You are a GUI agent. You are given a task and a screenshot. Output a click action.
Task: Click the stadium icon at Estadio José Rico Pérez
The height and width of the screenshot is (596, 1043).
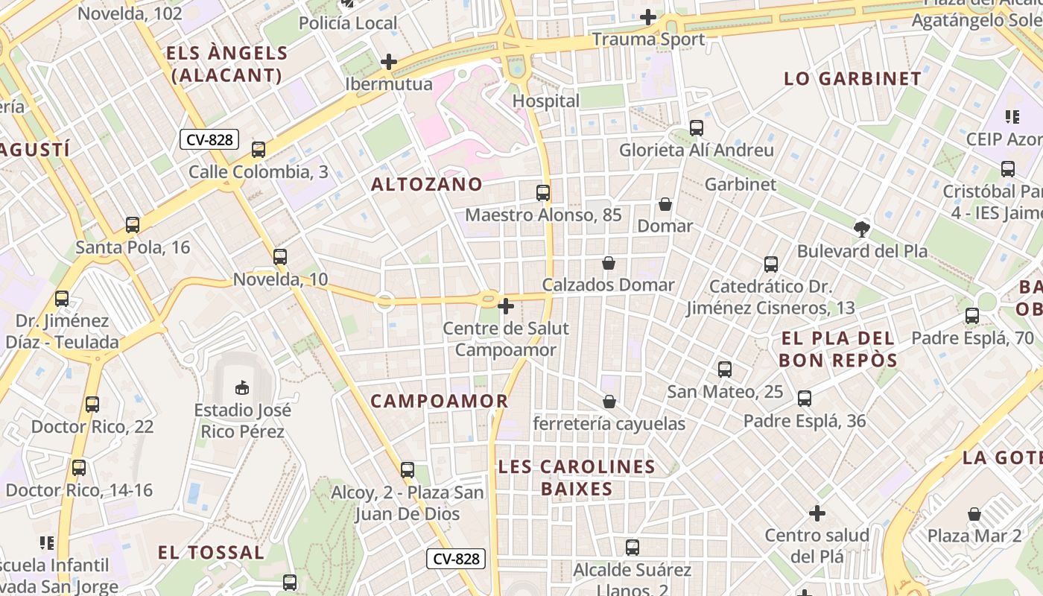(x=242, y=387)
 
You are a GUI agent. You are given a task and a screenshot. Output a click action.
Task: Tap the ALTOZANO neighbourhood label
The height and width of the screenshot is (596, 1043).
(x=427, y=184)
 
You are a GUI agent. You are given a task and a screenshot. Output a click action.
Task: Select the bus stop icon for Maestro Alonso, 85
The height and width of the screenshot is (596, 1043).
(x=543, y=193)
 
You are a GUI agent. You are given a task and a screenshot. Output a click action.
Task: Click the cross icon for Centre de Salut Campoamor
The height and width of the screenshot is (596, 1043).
(x=506, y=306)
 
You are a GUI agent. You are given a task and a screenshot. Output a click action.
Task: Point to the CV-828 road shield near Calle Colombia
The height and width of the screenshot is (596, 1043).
(x=209, y=139)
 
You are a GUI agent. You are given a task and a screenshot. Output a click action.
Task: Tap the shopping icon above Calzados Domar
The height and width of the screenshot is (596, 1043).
(x=609, y=263)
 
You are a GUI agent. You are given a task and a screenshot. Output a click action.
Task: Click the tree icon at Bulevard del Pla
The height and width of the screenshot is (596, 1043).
(x=862, y=229)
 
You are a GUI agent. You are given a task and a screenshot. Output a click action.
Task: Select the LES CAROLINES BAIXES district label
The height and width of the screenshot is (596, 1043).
(x=577, y=478)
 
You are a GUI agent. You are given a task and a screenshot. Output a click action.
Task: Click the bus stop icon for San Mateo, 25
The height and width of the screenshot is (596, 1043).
(x=725, y=370)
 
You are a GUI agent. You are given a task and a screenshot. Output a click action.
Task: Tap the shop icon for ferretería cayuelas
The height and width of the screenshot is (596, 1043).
(x=609, y=402)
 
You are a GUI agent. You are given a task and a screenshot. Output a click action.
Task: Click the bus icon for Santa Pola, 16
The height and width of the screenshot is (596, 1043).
(x=133, y=225)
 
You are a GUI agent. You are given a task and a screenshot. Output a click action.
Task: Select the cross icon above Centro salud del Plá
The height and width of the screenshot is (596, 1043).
(x=817, y=513)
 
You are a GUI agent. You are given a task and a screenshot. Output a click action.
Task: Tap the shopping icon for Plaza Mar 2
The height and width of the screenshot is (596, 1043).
(x=974, y=514)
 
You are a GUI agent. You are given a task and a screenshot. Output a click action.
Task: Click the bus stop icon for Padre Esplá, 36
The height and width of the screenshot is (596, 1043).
(x=805, y=399)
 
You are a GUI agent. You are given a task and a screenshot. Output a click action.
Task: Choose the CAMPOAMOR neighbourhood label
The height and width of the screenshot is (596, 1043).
(x=440, y=401)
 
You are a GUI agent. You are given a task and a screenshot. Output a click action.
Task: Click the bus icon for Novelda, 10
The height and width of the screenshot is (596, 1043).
(x=280, y=257)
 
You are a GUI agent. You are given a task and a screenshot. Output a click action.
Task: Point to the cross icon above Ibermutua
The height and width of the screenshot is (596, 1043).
(x=388, y=62)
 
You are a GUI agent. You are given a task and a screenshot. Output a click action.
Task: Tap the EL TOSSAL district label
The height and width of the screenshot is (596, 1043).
(x=211, y=552)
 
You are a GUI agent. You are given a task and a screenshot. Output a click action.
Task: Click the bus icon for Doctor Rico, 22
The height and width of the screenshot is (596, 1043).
(x=92, y=405)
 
